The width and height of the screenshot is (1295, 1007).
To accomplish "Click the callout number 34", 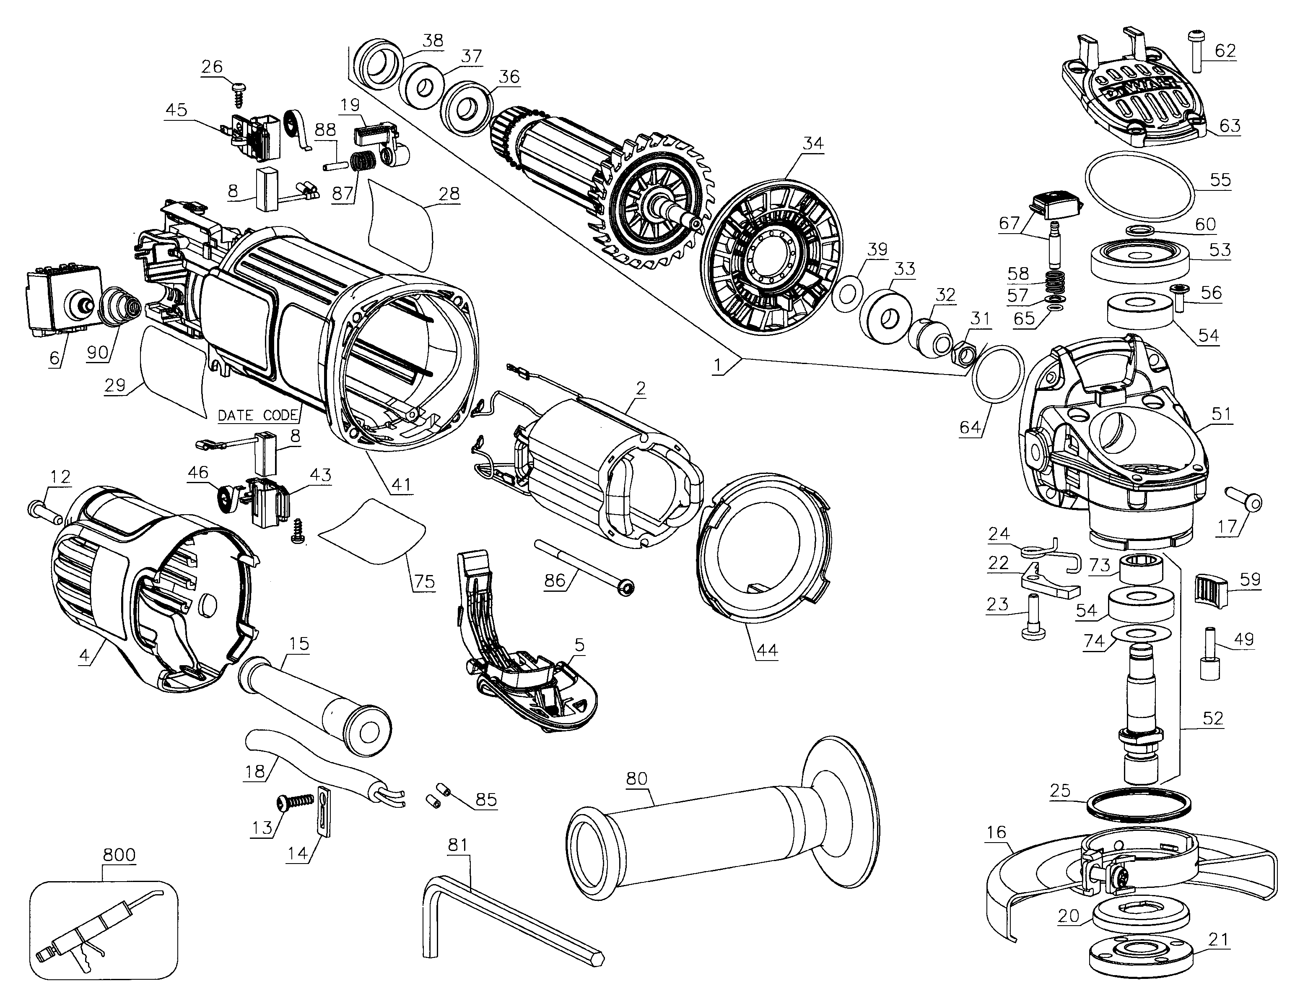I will tap(813, 143).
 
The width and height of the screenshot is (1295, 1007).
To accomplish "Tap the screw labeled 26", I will tap(239, 94).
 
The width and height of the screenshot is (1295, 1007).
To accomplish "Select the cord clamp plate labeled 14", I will tap(323, 811).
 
